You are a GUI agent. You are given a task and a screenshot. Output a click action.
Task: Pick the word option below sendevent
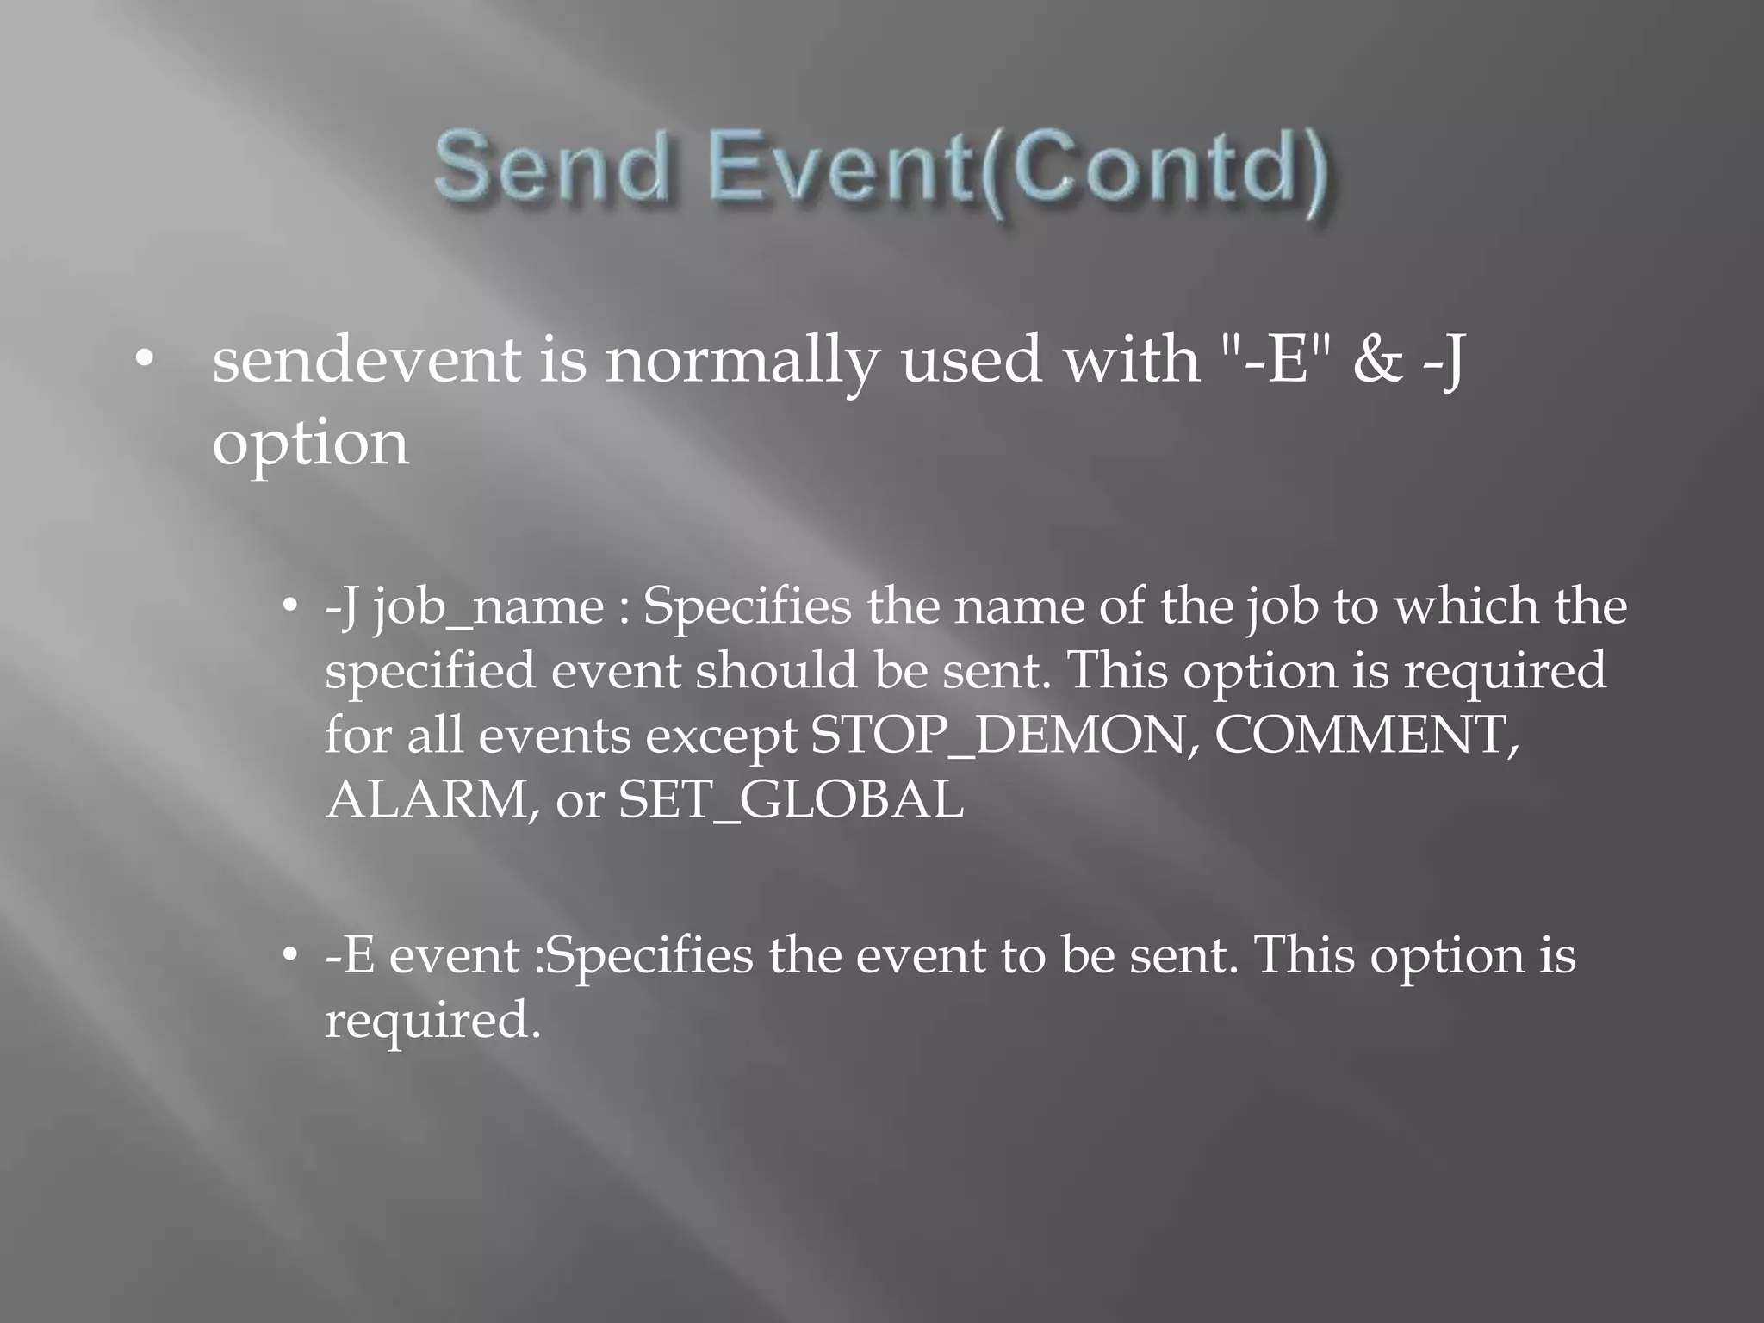(310, 444)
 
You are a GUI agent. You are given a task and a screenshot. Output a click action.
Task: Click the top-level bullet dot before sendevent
(144, 359)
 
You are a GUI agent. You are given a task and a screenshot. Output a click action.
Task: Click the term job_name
(489, 606)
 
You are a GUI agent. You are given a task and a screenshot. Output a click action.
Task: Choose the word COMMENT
(1366, 736)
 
